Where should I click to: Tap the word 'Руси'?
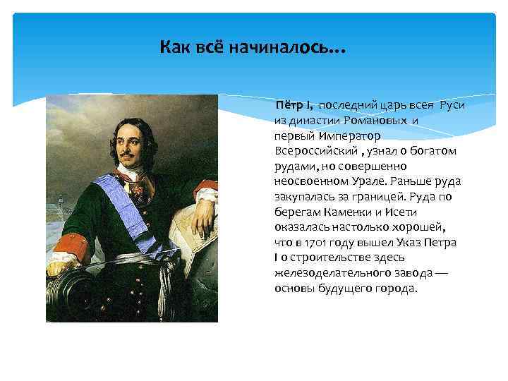(x=452, y=106)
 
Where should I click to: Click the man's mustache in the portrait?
(x=126, y=153)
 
